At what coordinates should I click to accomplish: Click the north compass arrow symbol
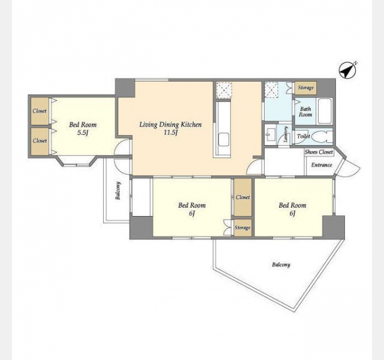pos(348,70)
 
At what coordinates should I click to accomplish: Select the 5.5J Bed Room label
pos(83,128)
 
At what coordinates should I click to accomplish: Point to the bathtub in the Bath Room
pos(324,111)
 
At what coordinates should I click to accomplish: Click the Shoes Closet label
pos(319,152)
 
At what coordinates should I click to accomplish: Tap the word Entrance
pos(322,165)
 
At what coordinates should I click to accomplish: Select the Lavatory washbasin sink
pos(271,134)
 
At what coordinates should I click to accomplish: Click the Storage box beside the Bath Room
pos(305,88)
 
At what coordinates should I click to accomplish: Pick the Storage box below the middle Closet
pos(242,228)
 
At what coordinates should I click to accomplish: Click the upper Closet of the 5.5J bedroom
pos(40,111)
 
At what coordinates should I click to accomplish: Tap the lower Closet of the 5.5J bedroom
pos(40,141)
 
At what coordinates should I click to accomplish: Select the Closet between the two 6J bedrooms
pos(242,197)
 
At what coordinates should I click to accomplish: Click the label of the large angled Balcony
pos(281,265)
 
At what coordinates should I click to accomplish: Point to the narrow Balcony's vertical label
pos(118,191)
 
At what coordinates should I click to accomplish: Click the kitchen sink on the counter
pos(224,140)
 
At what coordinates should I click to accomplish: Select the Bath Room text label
pos(305,112)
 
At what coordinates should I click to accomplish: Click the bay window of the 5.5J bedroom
pos(77,161)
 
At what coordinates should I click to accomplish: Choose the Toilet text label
pos(304,136)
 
